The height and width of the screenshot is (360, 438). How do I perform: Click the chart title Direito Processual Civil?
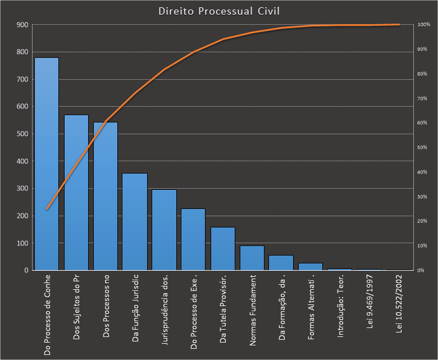220,11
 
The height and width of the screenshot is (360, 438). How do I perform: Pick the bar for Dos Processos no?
106,197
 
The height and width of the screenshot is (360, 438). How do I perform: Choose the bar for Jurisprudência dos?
164,230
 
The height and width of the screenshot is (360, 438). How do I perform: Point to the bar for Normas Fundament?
252,258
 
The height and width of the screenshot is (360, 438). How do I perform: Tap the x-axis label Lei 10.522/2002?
399,304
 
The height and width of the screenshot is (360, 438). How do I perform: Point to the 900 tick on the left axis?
22,25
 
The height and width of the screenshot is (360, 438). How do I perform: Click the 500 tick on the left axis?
22,134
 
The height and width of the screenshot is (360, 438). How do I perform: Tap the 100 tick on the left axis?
22,243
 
